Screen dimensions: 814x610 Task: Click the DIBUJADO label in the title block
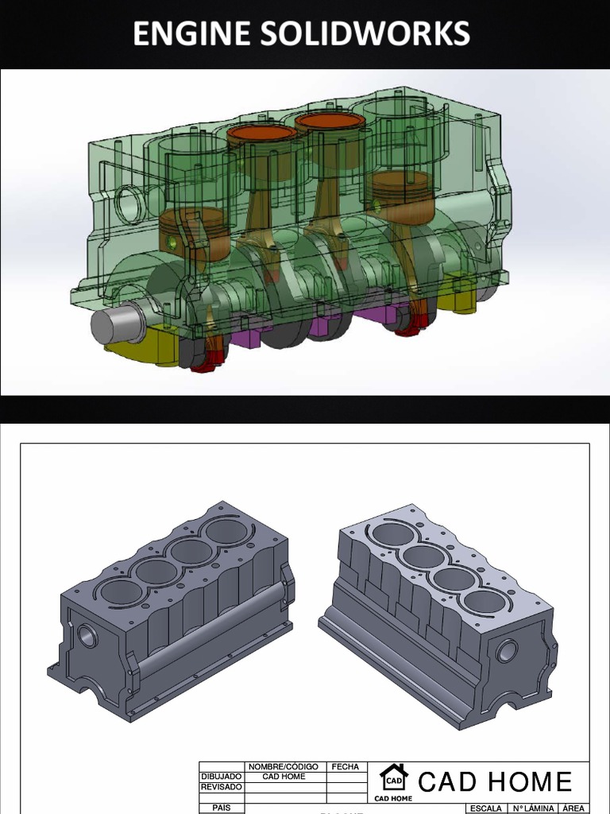221,777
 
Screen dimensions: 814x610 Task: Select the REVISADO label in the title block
221,787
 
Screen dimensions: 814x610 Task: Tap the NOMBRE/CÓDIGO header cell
284,767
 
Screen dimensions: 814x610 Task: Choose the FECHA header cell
346,767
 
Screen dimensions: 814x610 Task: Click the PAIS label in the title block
221,808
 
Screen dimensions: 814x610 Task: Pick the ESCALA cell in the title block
485,808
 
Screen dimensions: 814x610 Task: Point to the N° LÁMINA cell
533,808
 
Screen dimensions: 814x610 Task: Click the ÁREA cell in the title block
573,808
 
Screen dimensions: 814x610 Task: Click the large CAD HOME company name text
495,781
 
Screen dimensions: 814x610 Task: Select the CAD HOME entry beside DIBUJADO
284,777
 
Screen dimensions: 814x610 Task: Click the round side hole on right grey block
506,652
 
